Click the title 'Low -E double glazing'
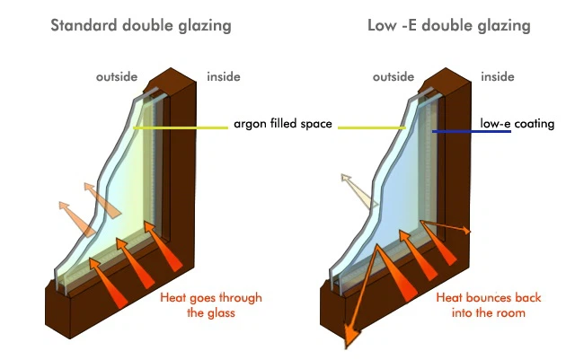pos(449,25)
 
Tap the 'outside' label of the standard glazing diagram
pos(119,76)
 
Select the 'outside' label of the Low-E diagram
pos(392,76)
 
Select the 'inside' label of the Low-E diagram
pos(499,76)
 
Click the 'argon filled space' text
pos(283,124)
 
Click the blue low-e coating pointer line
pos(471,132)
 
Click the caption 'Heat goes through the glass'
pos(210,305)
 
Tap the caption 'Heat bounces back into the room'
pos(481,305)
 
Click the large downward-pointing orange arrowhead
pos(350,338)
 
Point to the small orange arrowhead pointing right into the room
pos(464,231)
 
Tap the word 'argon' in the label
pos(250,124)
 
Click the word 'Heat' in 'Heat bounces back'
pos(449,298)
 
